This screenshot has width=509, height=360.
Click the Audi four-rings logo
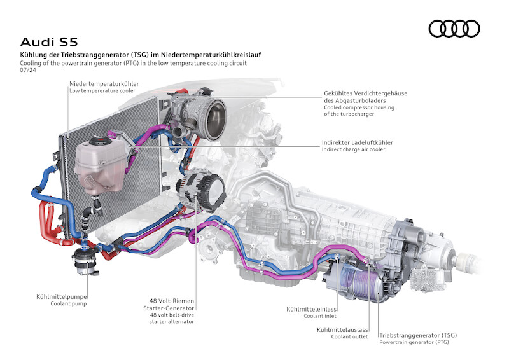[x=454, y=28]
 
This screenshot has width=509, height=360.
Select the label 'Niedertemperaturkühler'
[x=104, y=83]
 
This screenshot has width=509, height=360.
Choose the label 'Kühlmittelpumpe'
[x=62, y=296]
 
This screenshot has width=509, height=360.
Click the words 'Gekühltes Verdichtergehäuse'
[x=365, y=93]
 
